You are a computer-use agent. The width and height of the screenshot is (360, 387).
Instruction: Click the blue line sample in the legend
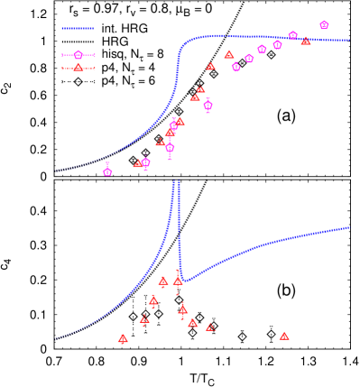tap(78, 28)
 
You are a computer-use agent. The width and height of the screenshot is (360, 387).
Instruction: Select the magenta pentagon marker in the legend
tap(78, 55)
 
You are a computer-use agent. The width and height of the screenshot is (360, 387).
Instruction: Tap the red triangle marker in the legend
tap(78, 68)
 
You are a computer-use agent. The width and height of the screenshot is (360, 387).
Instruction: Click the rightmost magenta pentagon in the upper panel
tap(324, 25)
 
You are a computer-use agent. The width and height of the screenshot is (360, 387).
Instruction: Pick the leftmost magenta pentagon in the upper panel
tap(107, 171)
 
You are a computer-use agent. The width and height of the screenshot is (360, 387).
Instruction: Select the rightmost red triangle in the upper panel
tap(306, 41)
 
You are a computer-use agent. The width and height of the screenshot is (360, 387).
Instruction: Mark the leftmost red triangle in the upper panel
tap(138, 164)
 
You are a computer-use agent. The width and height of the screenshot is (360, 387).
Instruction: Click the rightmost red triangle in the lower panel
tap(284, 336)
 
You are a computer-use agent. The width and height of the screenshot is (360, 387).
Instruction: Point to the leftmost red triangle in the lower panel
tap(123, 339)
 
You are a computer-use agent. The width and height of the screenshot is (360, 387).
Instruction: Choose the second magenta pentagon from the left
tap(145, 163)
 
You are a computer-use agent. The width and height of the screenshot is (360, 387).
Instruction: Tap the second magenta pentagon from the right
tap(293, 35)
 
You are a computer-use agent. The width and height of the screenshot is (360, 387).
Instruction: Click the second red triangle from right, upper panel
tap(229, 54)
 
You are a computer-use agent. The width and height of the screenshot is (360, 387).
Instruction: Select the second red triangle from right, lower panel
tap(210, 327)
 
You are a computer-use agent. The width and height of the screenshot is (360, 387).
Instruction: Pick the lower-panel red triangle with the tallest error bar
tap(178, 281)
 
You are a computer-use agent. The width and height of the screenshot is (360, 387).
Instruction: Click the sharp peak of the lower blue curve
tap(174, 182)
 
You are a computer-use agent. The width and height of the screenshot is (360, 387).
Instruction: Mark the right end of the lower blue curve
tap(349, 227)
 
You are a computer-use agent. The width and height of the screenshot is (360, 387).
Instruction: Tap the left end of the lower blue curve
tap(56, 339)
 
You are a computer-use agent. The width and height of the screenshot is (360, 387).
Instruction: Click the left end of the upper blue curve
tap(56, 171)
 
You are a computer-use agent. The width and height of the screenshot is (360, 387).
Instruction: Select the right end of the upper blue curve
tap(349, 40)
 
